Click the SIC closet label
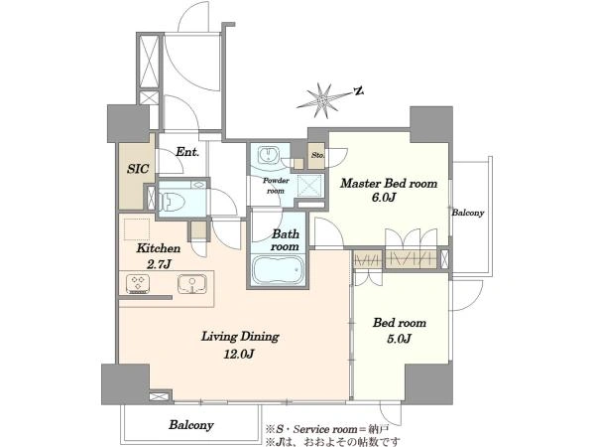[138, 169]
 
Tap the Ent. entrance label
[187, 152]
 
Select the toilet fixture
[172, 201]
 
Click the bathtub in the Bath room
[278, 270]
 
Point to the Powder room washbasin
[269, 155]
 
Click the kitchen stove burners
[138, 284]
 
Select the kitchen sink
[191, 284]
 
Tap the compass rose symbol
[322, 100]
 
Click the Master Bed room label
[389, 184]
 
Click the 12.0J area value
[239, 355]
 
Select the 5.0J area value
[400, 339]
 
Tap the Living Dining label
[240, 337]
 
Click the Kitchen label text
[159, 248]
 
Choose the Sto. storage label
[317, 156]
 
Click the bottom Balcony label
[191, 424]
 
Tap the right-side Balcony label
[468, 213]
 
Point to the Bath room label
[286, 240]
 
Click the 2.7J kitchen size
[159, 264]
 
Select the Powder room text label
[276, 186]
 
